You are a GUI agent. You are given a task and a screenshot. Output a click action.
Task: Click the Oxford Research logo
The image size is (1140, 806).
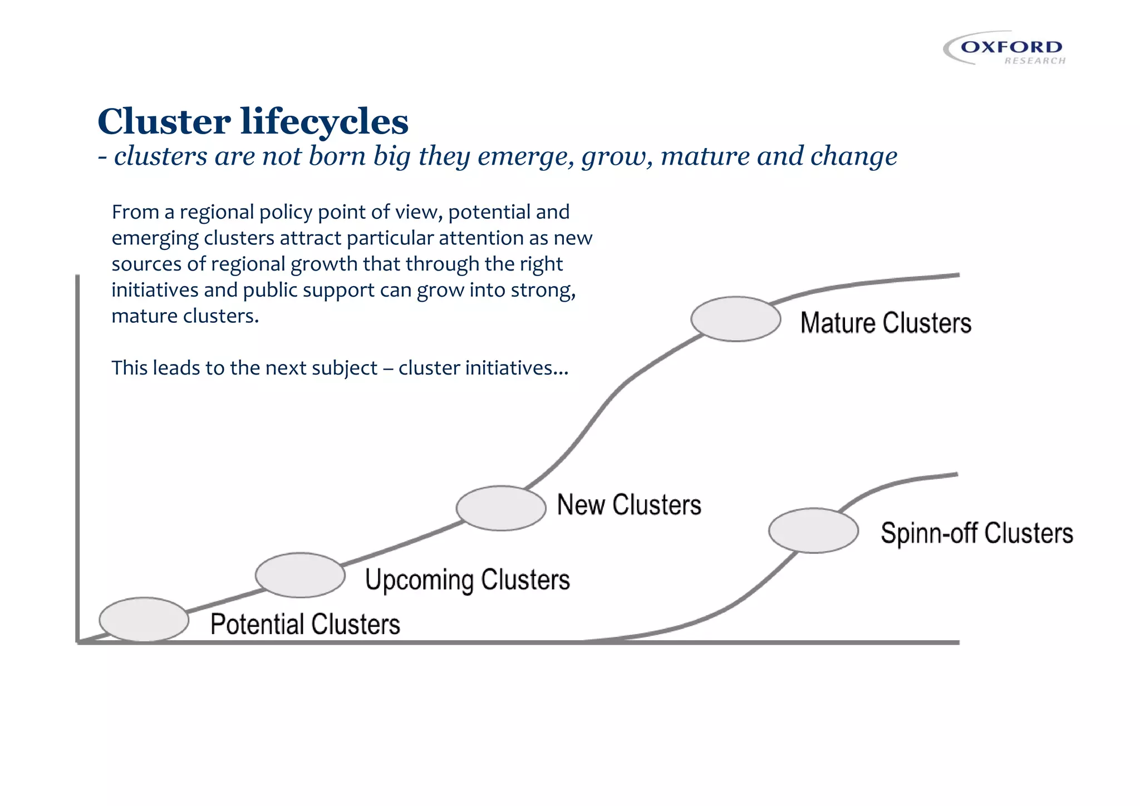click(1005, 48)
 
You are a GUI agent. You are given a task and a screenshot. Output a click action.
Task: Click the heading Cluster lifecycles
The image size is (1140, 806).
click(253, 121)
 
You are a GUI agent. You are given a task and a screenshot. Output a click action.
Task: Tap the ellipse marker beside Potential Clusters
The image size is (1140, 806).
click(144, 620)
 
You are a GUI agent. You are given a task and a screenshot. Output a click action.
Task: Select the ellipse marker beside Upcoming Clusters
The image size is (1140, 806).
click(300, 575)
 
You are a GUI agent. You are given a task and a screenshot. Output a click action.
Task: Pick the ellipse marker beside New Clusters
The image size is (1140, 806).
click(501, 508)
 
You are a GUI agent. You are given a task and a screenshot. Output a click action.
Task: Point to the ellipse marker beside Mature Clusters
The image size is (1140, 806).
click(736, 319)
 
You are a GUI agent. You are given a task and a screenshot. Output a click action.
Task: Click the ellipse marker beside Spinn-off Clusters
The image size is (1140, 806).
click(813, 530)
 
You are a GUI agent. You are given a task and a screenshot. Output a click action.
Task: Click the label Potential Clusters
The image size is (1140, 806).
click(305, 624)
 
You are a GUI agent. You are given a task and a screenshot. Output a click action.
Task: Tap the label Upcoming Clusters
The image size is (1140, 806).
click(467, 580)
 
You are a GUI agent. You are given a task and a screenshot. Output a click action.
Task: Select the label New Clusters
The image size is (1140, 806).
click(629, 505)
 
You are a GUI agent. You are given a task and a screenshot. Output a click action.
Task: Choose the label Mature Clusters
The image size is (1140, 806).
click(886, 323)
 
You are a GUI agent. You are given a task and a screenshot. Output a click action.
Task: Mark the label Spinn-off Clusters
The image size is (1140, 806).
click(976, 533)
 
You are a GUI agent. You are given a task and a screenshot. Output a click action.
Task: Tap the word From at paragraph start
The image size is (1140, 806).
click(135, 212)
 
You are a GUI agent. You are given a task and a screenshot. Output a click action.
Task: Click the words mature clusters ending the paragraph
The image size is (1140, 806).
click(185, 316)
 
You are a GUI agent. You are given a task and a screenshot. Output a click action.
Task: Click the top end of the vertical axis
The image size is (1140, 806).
click(77, 277)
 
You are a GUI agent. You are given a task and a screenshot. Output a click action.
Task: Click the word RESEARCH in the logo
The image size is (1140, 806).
click(1034, 61)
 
